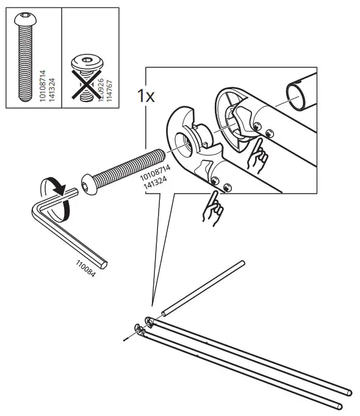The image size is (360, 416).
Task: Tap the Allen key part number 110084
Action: (x=86, y=265)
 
